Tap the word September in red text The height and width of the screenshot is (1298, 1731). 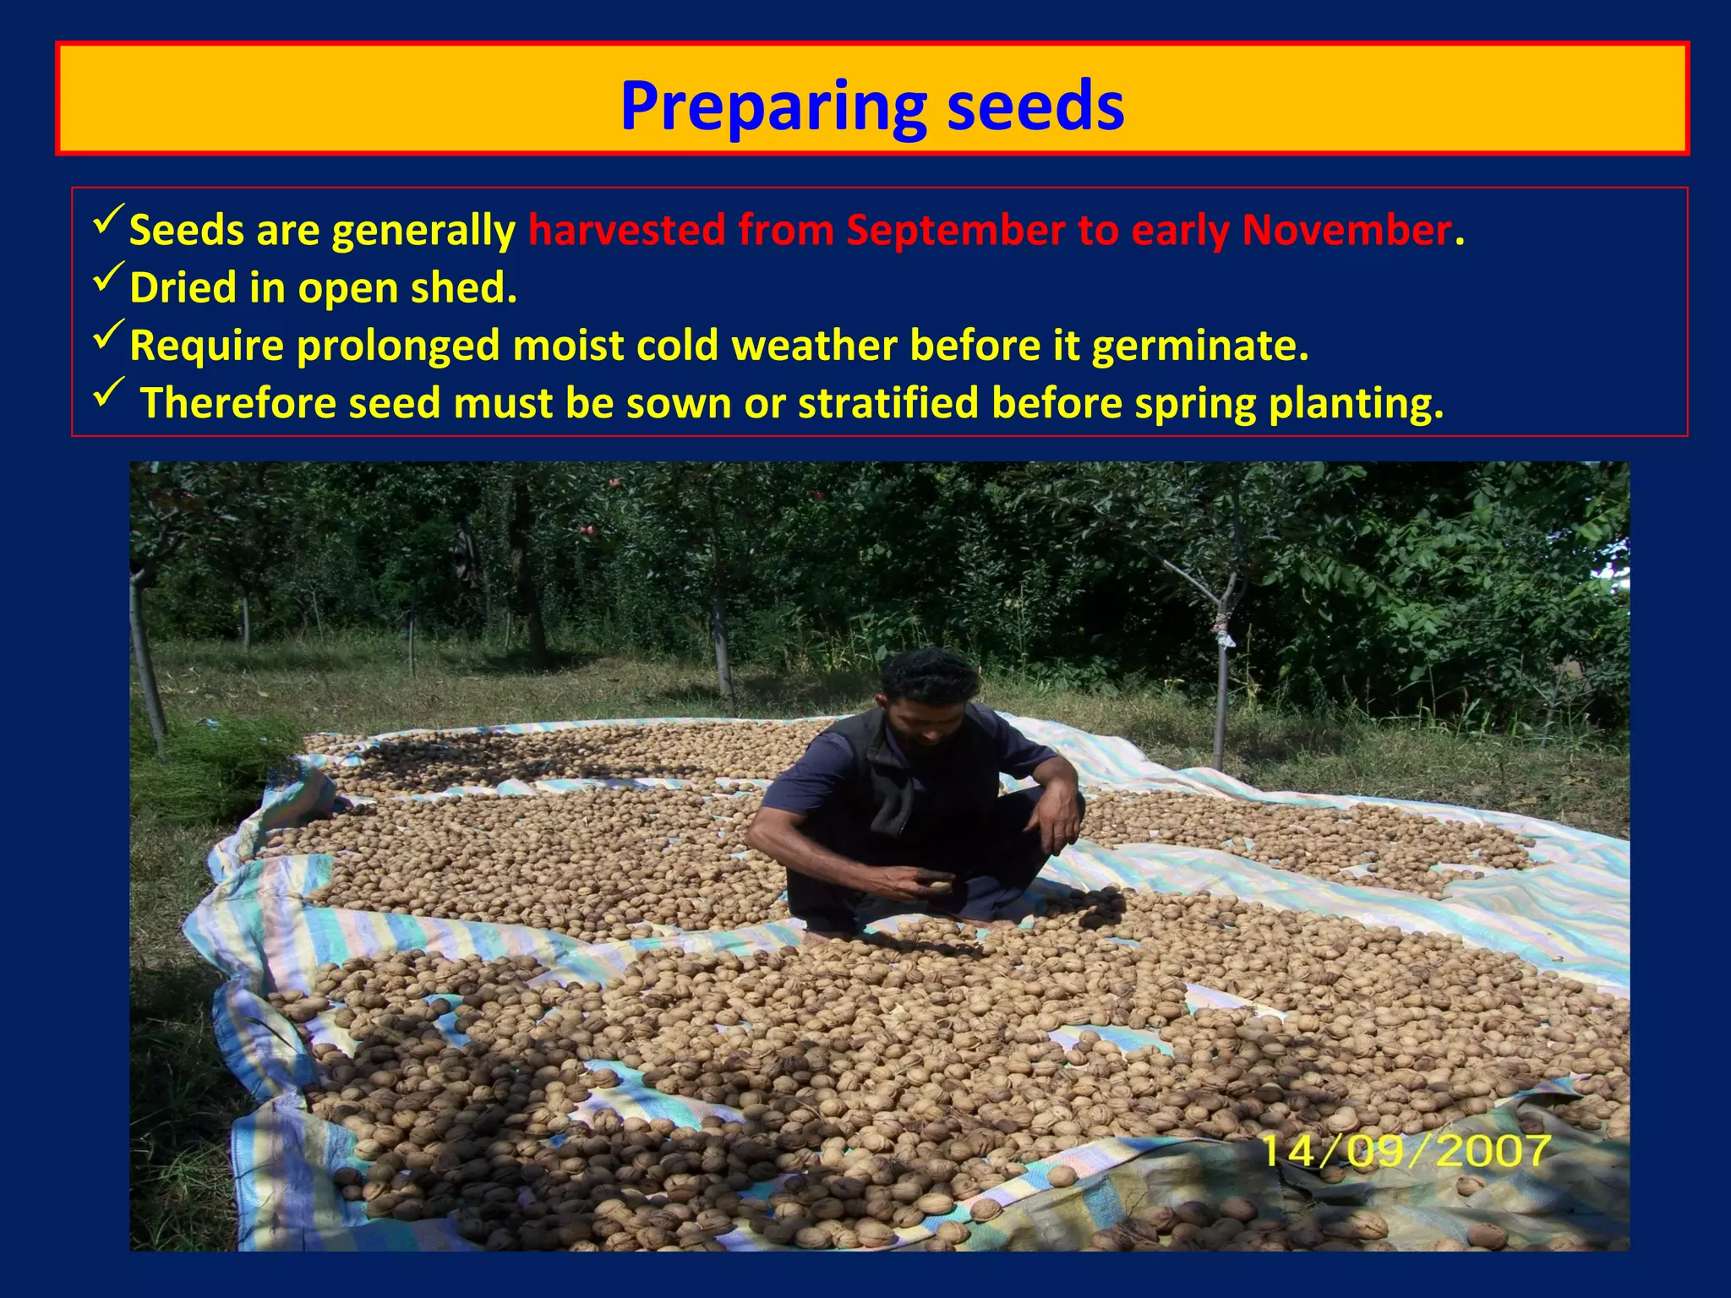coord(955,230)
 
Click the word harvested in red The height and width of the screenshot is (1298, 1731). coord(626,230)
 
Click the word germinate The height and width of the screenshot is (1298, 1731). coord(1199,346)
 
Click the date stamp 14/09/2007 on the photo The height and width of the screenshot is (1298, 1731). coord(1406,1151)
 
